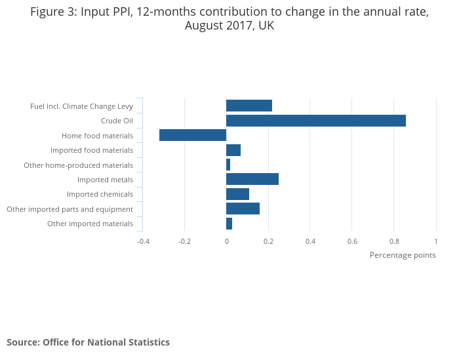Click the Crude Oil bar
point(315,121)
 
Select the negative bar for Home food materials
point(193,135)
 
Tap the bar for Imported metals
point(252,179)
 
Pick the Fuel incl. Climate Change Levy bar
point(249,106)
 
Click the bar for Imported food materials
point(233,150)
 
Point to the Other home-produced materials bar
point(228,165)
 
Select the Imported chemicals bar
point(237,194)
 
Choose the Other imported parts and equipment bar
point(243,209)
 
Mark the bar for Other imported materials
point(229,224)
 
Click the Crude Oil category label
point(117,121)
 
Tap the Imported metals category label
point(105,180)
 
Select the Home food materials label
point(97,136)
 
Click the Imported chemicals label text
point(100,194)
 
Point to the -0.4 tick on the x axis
point(143,241)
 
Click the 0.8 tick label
point(394,241)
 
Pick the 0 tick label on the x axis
point(226,241)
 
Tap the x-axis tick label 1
point(435,241)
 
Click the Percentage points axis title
point(403,255)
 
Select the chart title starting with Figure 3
point(229,19)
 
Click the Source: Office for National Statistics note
point(88,342)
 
